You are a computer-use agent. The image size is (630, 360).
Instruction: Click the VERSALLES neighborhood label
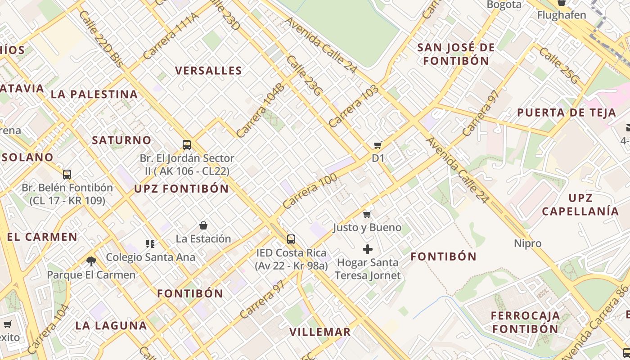pos(208,71)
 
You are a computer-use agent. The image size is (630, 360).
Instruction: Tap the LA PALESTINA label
pos(94,94)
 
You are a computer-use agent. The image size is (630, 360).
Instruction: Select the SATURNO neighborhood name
pos(121,140)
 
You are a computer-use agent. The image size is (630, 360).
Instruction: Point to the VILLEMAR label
pos(319,332)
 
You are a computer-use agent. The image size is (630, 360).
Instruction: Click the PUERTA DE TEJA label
pos(566,112)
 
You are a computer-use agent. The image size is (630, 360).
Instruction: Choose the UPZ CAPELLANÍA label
pos(580,205)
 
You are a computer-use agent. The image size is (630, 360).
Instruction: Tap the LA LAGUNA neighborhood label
pos(111,326)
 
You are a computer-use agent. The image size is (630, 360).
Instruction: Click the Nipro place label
pos(527,243)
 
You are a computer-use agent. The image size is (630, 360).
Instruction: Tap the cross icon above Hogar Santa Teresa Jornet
pos(368,249)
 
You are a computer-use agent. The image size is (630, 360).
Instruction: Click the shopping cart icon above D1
pos(378,145)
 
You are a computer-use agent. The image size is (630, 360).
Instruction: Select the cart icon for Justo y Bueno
pos(367,214)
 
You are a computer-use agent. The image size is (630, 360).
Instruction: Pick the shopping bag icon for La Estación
pos(203,225)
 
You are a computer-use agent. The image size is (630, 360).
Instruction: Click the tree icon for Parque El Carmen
pos(91,261)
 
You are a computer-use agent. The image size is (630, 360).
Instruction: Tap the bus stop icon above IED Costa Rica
pos(291,239)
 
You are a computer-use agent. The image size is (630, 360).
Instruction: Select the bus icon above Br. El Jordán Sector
pos(187,145)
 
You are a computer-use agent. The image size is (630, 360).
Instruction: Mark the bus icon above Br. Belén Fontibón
pos(67,174)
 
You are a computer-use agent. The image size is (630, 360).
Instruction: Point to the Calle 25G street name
pos(559,66)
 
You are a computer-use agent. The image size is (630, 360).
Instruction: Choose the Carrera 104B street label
pos(261,110)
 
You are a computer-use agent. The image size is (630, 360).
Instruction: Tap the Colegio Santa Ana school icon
pos(150,244)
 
